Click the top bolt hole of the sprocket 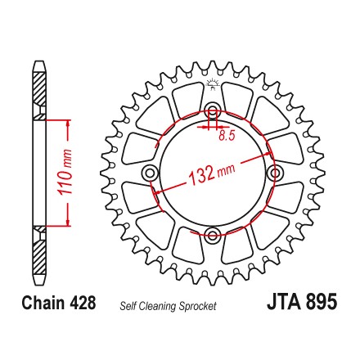(213, 110)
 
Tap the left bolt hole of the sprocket (150, 173)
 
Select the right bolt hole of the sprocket (275, 173)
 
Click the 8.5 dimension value (227, 136)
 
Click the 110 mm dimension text (65, 173)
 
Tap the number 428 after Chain (83, 303)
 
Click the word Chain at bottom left (43, 303)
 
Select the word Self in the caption (128, 306)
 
